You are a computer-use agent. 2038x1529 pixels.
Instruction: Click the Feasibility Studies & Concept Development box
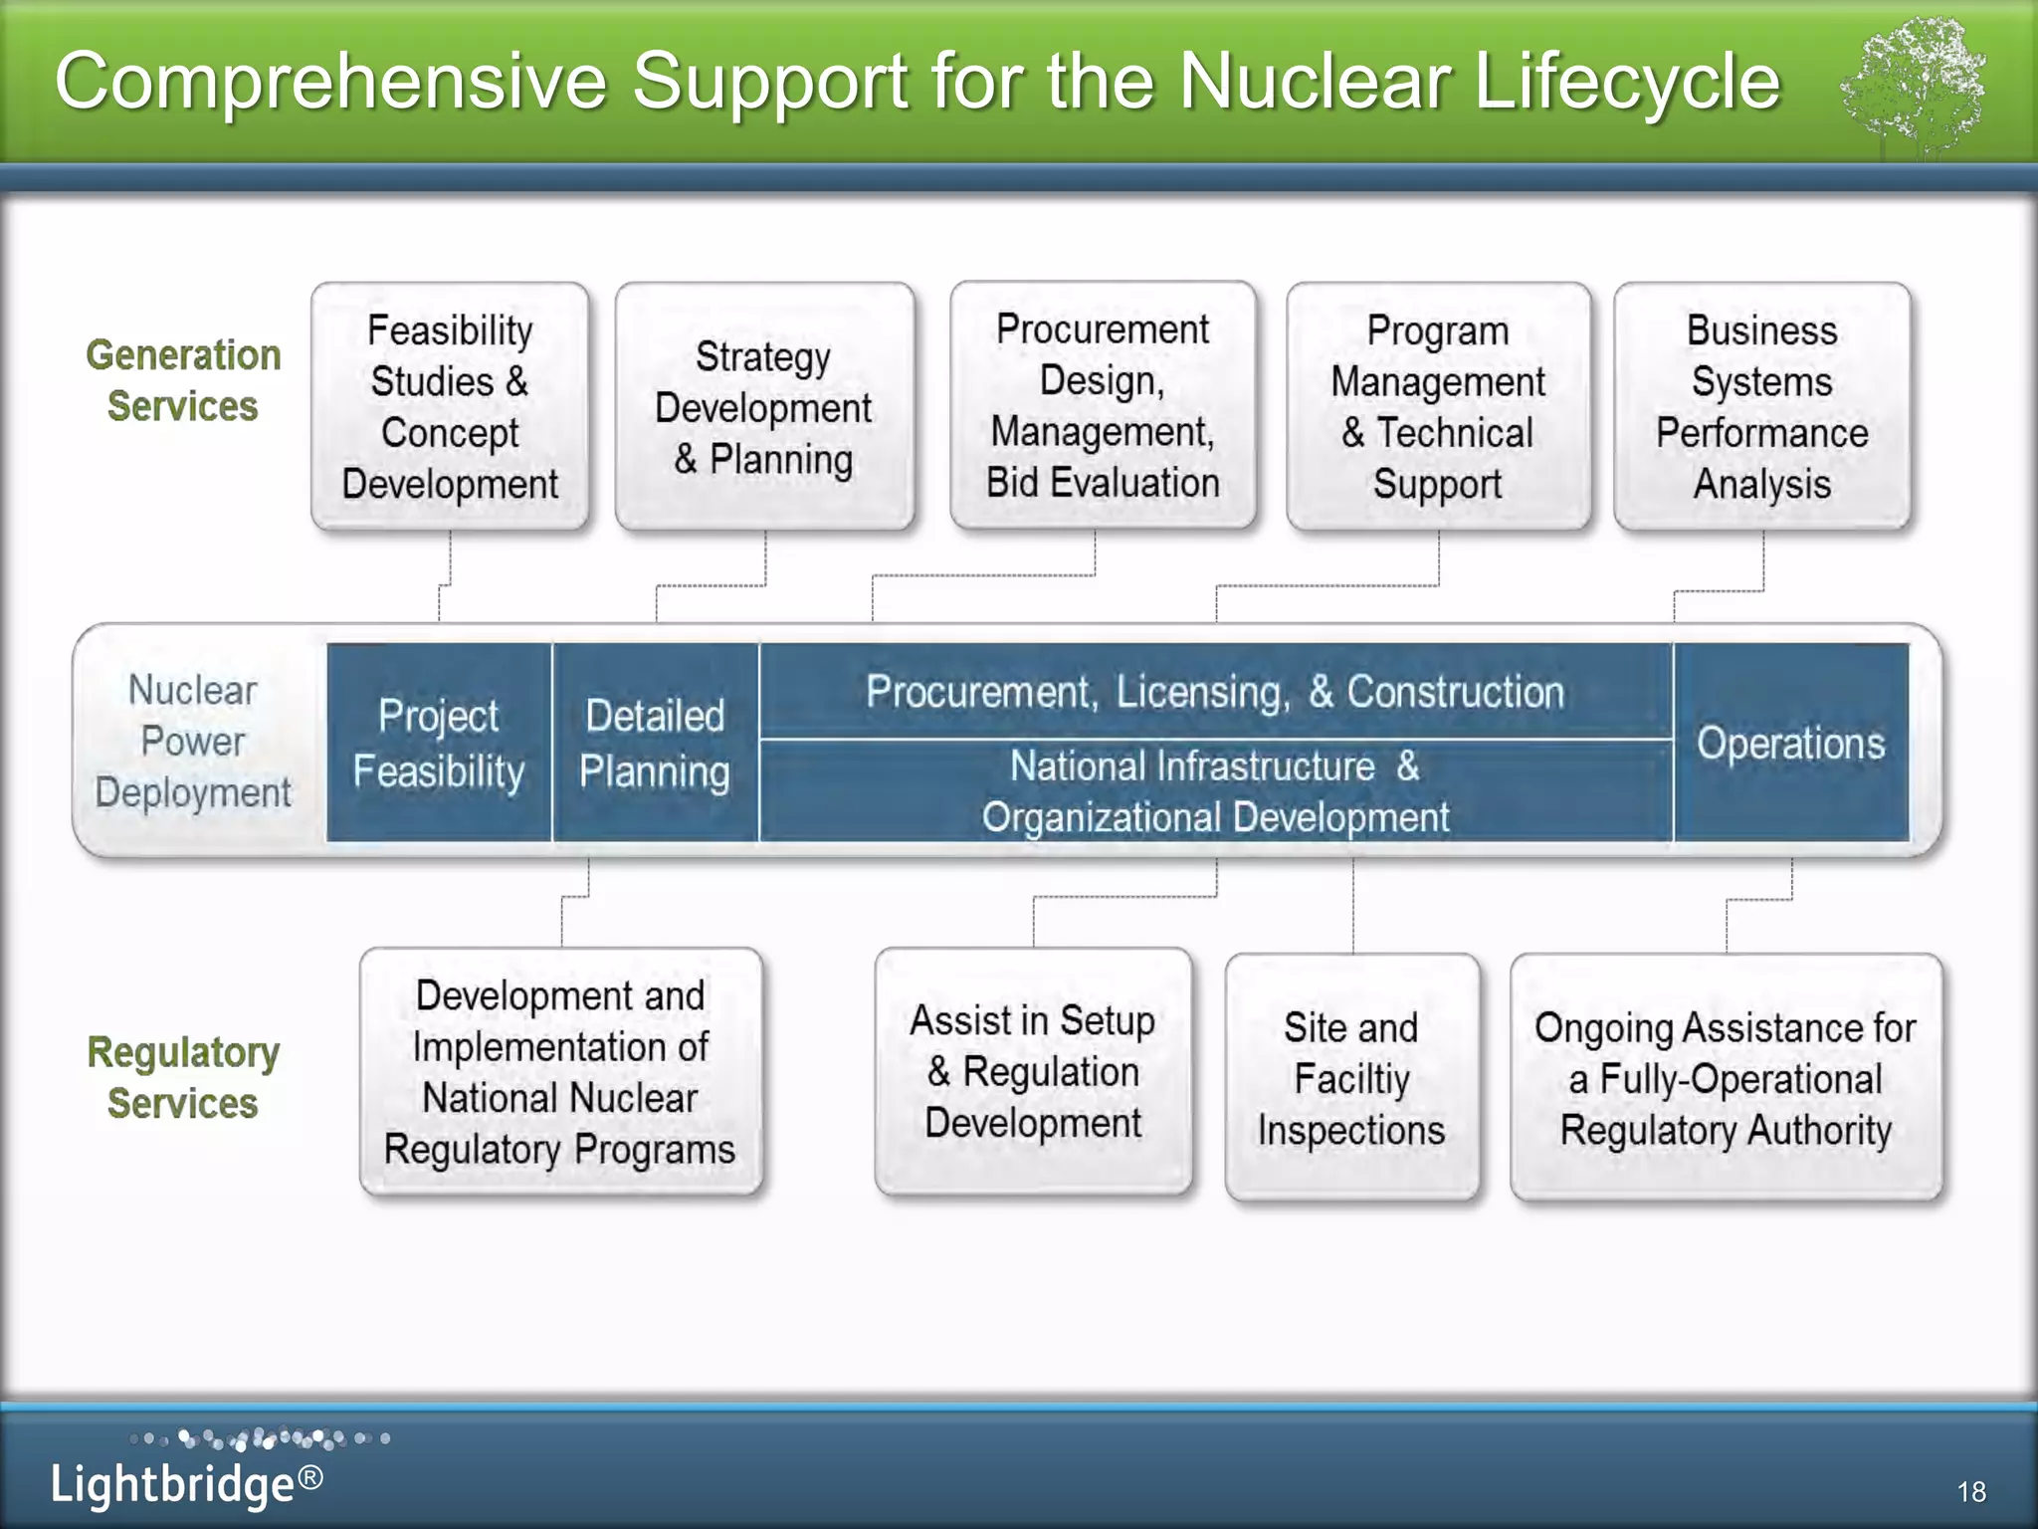point(450,406)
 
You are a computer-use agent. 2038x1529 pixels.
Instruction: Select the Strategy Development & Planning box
point(763,406)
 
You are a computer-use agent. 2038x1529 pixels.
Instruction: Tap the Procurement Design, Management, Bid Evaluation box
point(1103,405)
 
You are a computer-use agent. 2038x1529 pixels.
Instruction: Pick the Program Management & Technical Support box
point(1438,406)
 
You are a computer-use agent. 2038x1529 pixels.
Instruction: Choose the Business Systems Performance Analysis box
point(1761,406)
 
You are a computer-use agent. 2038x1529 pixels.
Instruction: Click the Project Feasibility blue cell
point(439,743)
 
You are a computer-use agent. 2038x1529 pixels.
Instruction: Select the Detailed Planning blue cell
point(655,743)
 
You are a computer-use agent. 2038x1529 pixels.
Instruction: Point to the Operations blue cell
point(1790,743)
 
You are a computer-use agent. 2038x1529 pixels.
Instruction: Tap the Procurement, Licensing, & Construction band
point(1214,691)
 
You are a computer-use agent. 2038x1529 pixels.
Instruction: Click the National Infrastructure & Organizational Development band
point(1214,791)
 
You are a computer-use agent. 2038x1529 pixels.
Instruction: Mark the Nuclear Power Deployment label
point(193,741)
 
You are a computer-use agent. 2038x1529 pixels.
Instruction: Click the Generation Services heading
point(183,380)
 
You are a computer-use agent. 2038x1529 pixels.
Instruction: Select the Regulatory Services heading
point(183,1077)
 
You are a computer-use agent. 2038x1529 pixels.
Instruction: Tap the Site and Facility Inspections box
point(1351,1078)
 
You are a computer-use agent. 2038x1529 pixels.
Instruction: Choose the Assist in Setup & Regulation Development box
point(1033,1071)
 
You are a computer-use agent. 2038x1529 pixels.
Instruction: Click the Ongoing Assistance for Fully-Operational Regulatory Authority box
point(1726,1078)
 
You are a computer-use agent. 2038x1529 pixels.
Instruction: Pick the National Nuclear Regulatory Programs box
point(560,1071)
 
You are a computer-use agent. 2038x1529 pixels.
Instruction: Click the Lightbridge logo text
point(186,1483)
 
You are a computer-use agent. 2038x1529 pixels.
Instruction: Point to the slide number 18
point(1970,1491)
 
